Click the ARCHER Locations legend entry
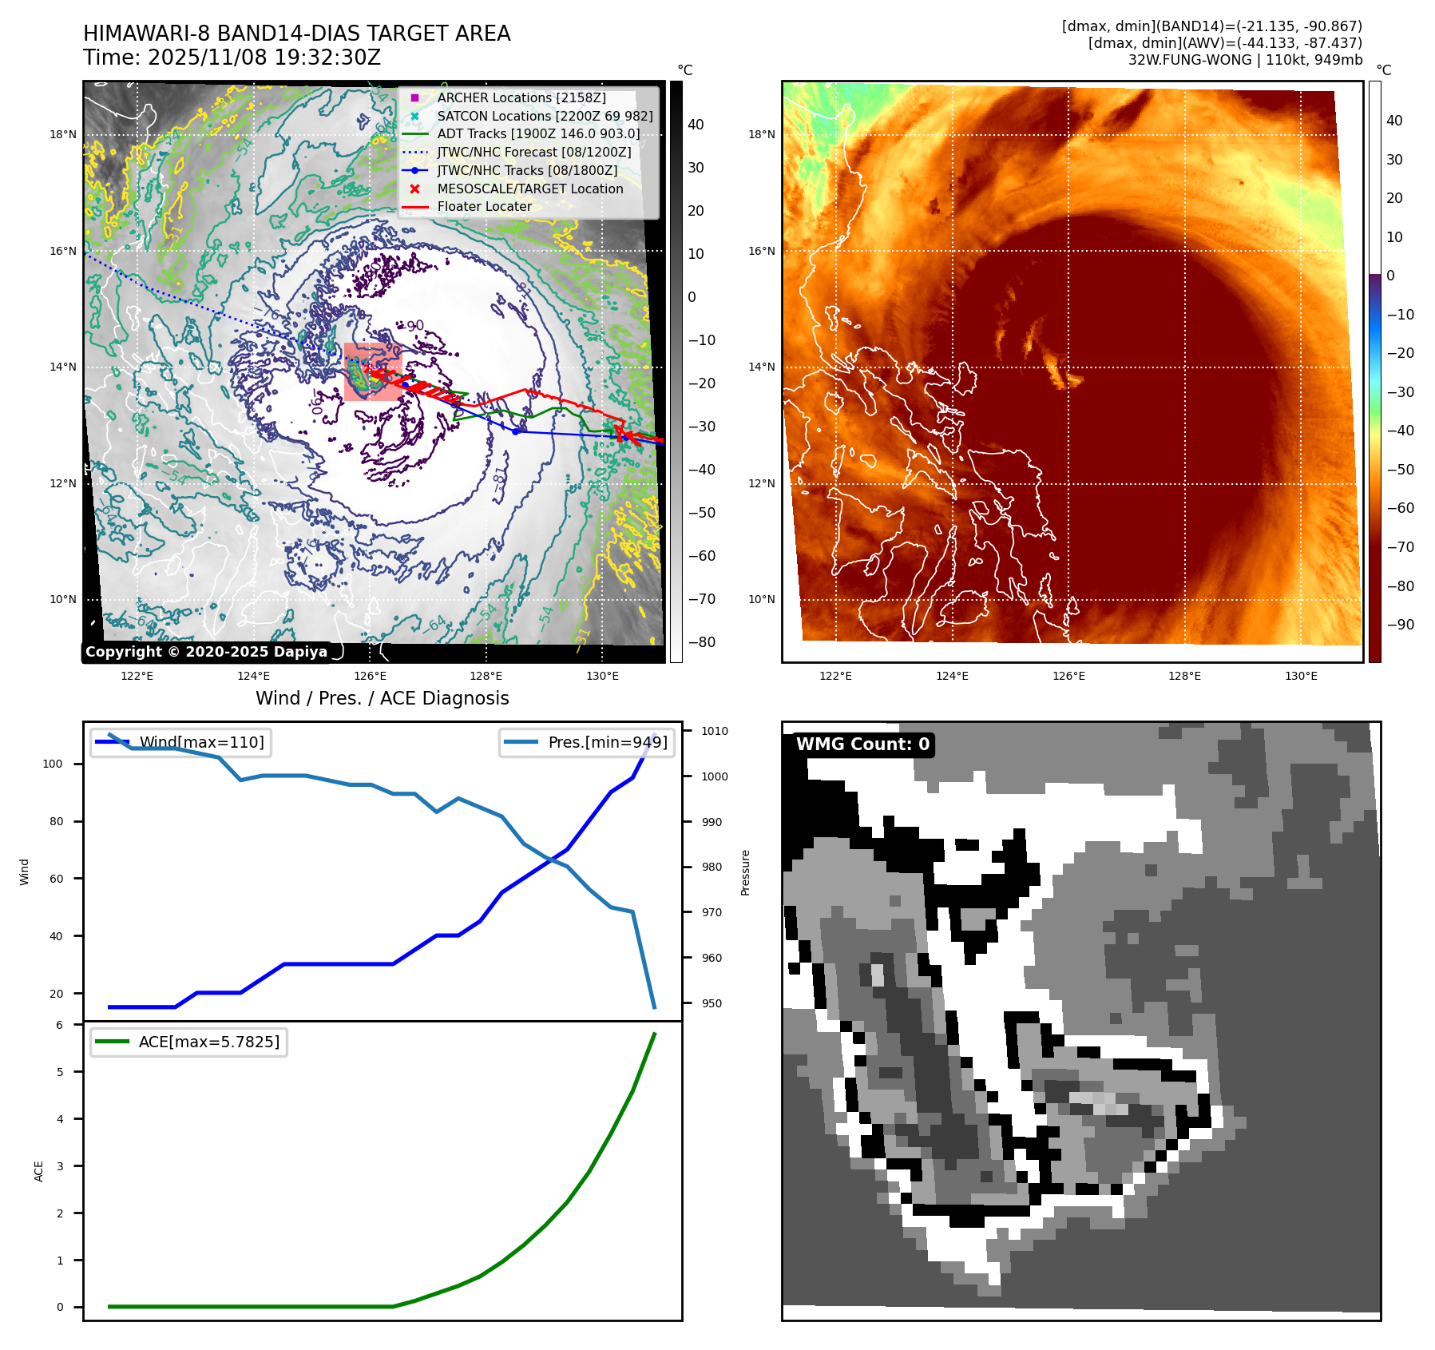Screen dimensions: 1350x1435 pos(521,97)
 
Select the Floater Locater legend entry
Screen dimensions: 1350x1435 pos(484,206)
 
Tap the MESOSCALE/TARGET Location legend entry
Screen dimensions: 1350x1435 pos(529,189)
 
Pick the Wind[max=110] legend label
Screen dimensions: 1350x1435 pos(201,742)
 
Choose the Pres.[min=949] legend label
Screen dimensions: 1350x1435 pos(607,742)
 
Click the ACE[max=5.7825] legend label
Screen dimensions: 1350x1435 pos(208,1042)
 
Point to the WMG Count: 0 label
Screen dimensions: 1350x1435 pos(862,744)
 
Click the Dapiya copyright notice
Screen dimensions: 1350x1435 pos(206,652)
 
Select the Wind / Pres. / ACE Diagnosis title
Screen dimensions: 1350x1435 pos(382,698)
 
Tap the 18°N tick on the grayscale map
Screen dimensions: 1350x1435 pos(63,134)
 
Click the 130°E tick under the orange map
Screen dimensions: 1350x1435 pos(1301,676)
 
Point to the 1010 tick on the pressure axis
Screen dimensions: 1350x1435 pos(715,731)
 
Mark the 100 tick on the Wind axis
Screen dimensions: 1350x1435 pos(53,764)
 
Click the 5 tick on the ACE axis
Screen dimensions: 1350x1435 pos(60,1072)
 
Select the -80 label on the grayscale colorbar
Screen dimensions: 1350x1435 pos(702,642)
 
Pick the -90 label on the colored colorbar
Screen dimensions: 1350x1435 pos(1401,625)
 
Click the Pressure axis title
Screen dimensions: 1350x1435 pos(745,872)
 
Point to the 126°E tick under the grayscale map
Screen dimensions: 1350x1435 pos(370,676)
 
